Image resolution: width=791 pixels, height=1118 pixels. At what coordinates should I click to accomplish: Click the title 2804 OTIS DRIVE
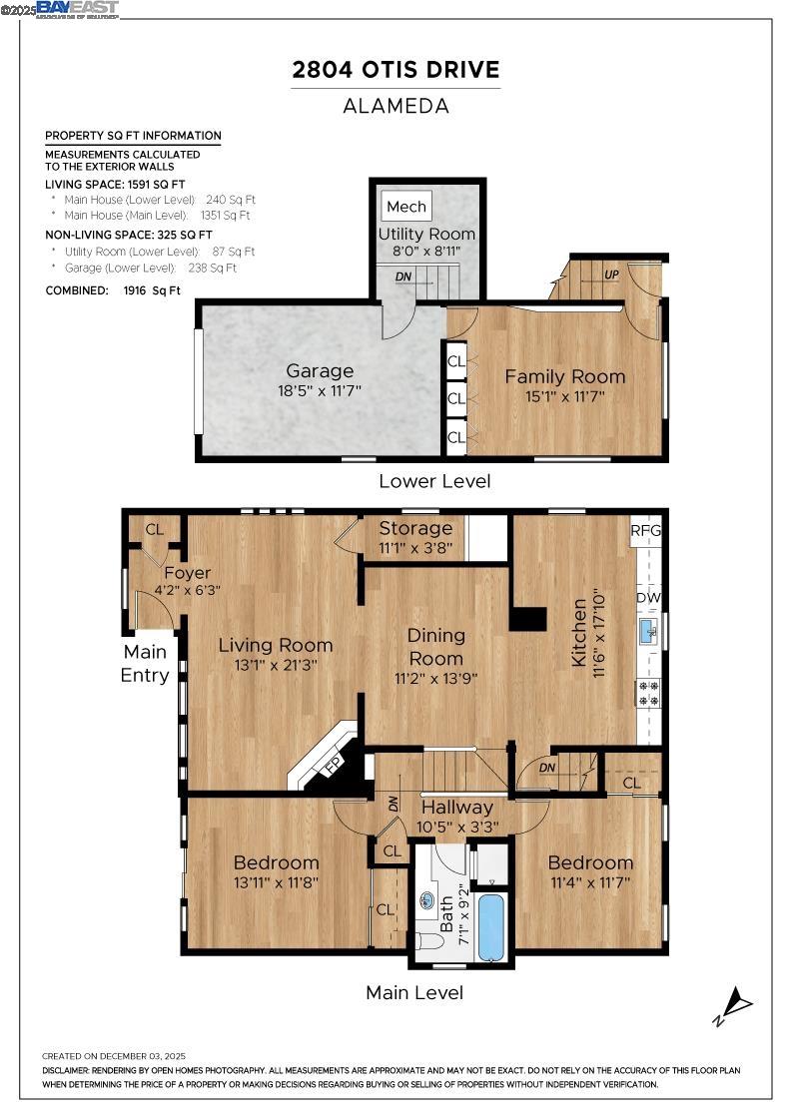click(395, 69)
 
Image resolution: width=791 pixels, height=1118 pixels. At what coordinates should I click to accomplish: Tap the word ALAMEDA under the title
click(395, 105)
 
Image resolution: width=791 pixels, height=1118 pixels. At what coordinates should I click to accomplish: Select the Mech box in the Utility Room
click(405, 207)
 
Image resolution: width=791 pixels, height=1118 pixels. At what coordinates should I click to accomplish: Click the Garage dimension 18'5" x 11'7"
click(320, 391)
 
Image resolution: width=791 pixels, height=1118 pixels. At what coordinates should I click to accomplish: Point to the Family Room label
click(564, 376)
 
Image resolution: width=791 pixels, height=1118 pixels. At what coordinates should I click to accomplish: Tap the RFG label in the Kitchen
click(645, 530)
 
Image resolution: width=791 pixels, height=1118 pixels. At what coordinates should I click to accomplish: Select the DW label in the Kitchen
click(648, 598)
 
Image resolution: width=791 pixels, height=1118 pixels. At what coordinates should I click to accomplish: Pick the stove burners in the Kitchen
click(648, 692)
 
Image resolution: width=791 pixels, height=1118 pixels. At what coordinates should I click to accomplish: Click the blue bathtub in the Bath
click(490, 927)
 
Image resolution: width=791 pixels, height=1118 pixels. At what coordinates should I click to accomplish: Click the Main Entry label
click(146, 663)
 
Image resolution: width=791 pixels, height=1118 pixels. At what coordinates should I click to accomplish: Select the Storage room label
click(415, 528)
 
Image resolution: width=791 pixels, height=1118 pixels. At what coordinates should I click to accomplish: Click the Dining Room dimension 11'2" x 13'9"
click(435, 678)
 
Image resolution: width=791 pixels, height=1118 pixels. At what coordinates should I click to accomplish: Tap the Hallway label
click(456, 807)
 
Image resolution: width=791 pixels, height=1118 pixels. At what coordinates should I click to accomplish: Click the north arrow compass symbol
click(734, 1002)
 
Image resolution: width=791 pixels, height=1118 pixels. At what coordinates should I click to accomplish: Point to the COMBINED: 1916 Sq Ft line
click(113, 290)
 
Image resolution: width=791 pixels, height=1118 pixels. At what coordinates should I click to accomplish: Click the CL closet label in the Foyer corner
click(155, 529)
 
